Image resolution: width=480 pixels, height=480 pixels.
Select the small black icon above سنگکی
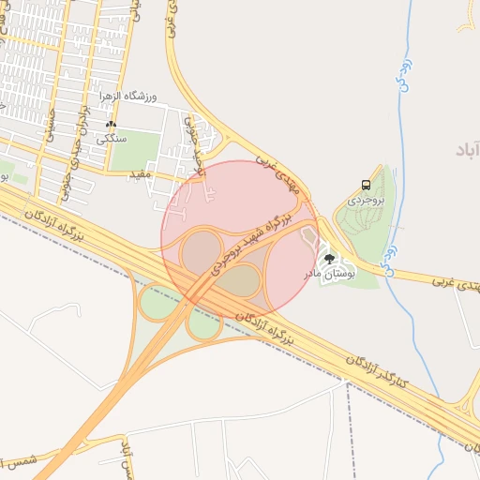coord(112,125)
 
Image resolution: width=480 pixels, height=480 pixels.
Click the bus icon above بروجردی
coord(365,186)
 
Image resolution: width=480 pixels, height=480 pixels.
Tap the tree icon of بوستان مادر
coord(329,257)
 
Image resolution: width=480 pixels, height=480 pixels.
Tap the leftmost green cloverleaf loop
coord(157,302)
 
